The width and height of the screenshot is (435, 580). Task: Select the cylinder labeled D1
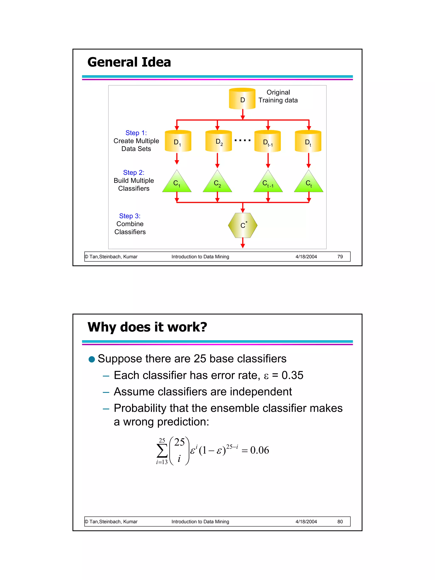point(178,141)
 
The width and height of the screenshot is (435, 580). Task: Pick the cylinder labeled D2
point(218,141)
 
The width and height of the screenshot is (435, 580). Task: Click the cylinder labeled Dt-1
point(267,141)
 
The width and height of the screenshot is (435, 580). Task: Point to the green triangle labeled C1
point(177,183)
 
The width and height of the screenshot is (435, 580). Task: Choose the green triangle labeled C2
point(217,183)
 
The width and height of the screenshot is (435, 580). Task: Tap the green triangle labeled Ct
point(308,183)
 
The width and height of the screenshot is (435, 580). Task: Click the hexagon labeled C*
point(243,225)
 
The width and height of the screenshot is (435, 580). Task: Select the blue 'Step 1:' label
point(136,133)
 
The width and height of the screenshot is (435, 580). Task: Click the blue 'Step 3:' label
point(130,216)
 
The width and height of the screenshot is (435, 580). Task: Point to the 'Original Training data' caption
point(278,96)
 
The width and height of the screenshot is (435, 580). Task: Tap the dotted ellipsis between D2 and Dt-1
point(243,141)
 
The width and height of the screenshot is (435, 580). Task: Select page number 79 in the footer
point(340,257)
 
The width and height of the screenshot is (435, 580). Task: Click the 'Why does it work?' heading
point(147,327)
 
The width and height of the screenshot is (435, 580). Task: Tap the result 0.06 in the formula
point(259,450)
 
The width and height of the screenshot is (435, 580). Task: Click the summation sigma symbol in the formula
point(162,451)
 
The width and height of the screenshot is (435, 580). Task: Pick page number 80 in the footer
point(340,522)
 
